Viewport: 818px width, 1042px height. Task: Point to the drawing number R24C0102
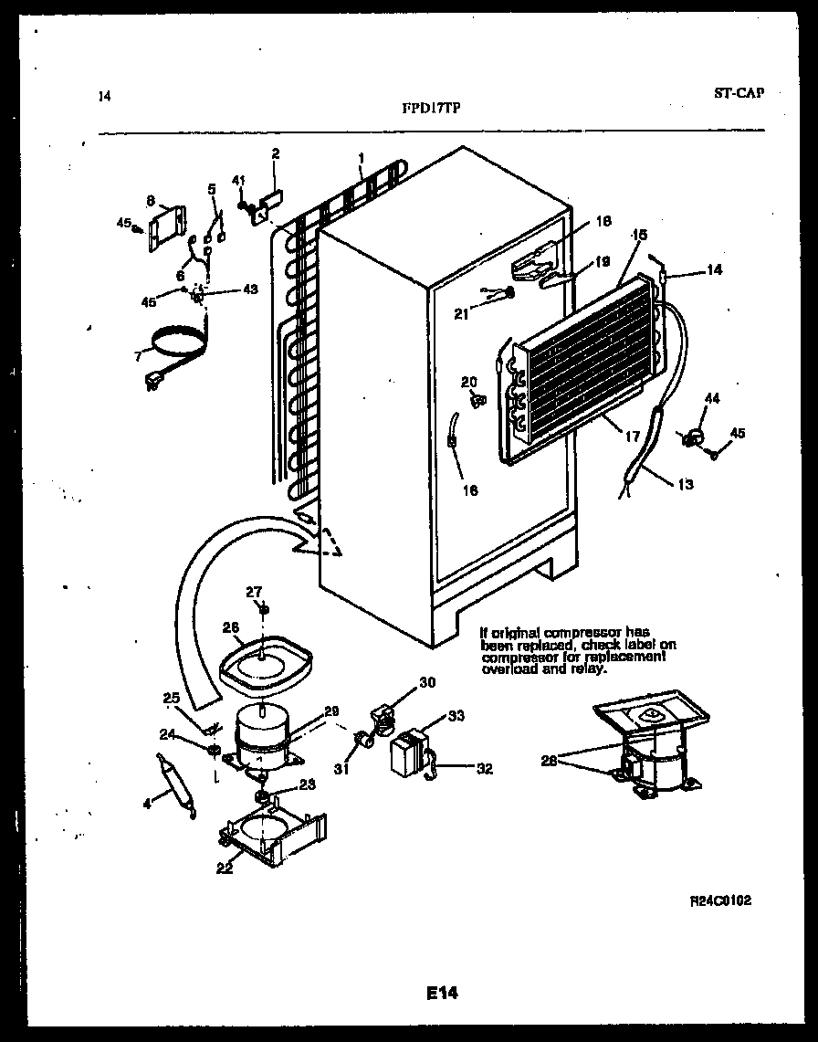[x=720, y=900]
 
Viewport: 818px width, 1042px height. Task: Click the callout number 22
[x=225, y=868]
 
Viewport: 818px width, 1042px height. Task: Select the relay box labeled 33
[x=407, y=754]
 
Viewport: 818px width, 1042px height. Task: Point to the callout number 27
[x=254, y=592]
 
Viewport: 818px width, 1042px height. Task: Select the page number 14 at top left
[x=103, y=94]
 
